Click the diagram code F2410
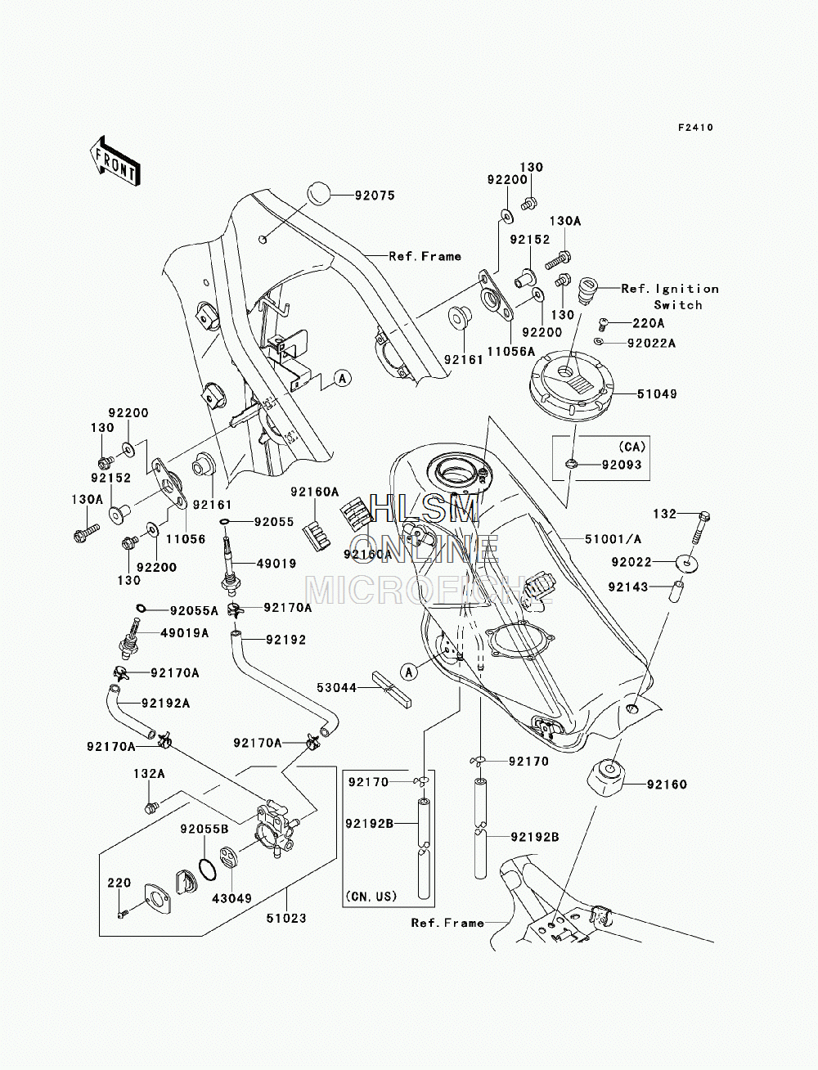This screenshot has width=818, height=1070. pos(695,128)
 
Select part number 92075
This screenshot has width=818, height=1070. pos(375,196)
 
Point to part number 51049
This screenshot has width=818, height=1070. pos(657,393)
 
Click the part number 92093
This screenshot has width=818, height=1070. pos(622,465)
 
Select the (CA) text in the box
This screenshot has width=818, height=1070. pos(631,446)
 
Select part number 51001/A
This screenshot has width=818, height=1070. pos(613,539)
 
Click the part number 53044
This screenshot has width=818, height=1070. pos(337,687)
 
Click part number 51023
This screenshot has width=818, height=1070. pos(286,919)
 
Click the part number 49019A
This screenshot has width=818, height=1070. pos(185,632)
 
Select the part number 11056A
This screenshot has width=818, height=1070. pos(511,351)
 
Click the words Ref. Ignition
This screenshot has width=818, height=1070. pos(670,289)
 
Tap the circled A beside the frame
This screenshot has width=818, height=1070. pos(343,378)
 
